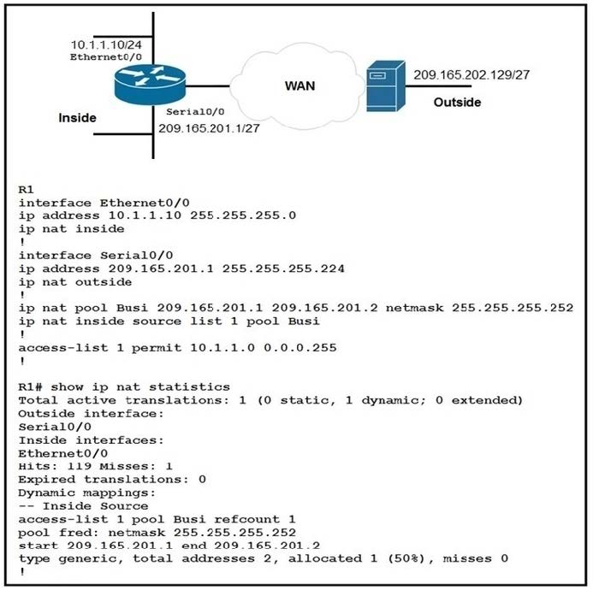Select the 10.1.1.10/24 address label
click(106, 43)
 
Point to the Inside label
click(77, 117)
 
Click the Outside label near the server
click(457, 103)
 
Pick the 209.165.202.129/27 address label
click(471, 75)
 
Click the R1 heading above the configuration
click(25, 188)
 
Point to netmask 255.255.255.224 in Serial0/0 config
click(282, 268)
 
